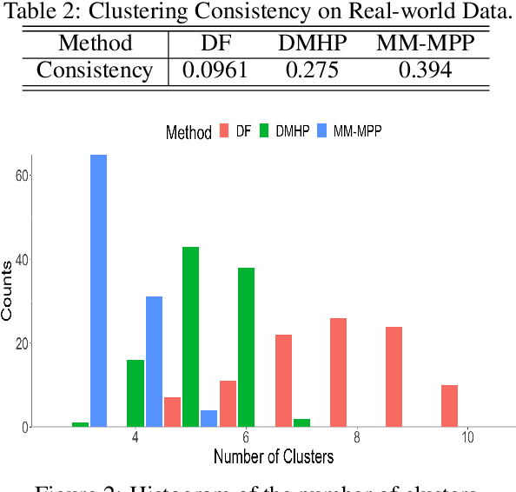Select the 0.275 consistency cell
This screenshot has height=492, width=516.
[309, 70]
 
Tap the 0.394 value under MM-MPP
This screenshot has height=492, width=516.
[425, 70]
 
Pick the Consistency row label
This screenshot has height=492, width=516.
[94, 70]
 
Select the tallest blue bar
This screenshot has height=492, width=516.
[98, 291]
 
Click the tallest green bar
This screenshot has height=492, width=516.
[190, 337]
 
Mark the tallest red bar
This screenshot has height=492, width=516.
[339, 372]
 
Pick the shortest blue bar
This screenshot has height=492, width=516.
[208, 418]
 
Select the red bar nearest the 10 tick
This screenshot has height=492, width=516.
[449, 406]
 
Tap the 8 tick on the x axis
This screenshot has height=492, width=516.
[357, 438]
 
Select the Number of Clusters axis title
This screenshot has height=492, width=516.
[274, 455]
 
